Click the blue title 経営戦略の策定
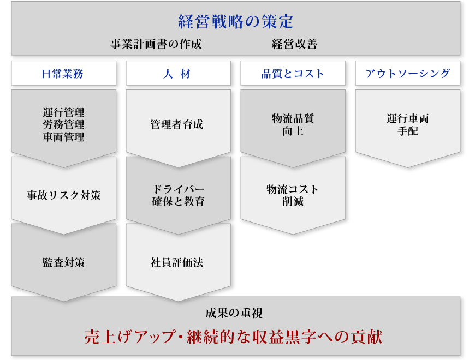tap(235, 22)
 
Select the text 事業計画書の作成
tap(156, 44)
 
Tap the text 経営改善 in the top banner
tap(294, 44)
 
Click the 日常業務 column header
tap(64, 73)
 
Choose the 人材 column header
tap(178, 73)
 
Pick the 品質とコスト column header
tap(293, 73)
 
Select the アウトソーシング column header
tap(407, 73)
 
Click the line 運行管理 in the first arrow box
tap(64, 112)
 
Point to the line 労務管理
tap(64, 125)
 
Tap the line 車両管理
tap(64, 137)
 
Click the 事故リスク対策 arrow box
tap(64, 195)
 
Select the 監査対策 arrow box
tap(64, 262)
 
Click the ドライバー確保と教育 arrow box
tap(178, 195)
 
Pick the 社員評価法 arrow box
tap(178, 262)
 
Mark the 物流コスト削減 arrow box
tap(293, 195)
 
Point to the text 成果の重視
tap(234, 313)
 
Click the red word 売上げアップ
tap(129, 337)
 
